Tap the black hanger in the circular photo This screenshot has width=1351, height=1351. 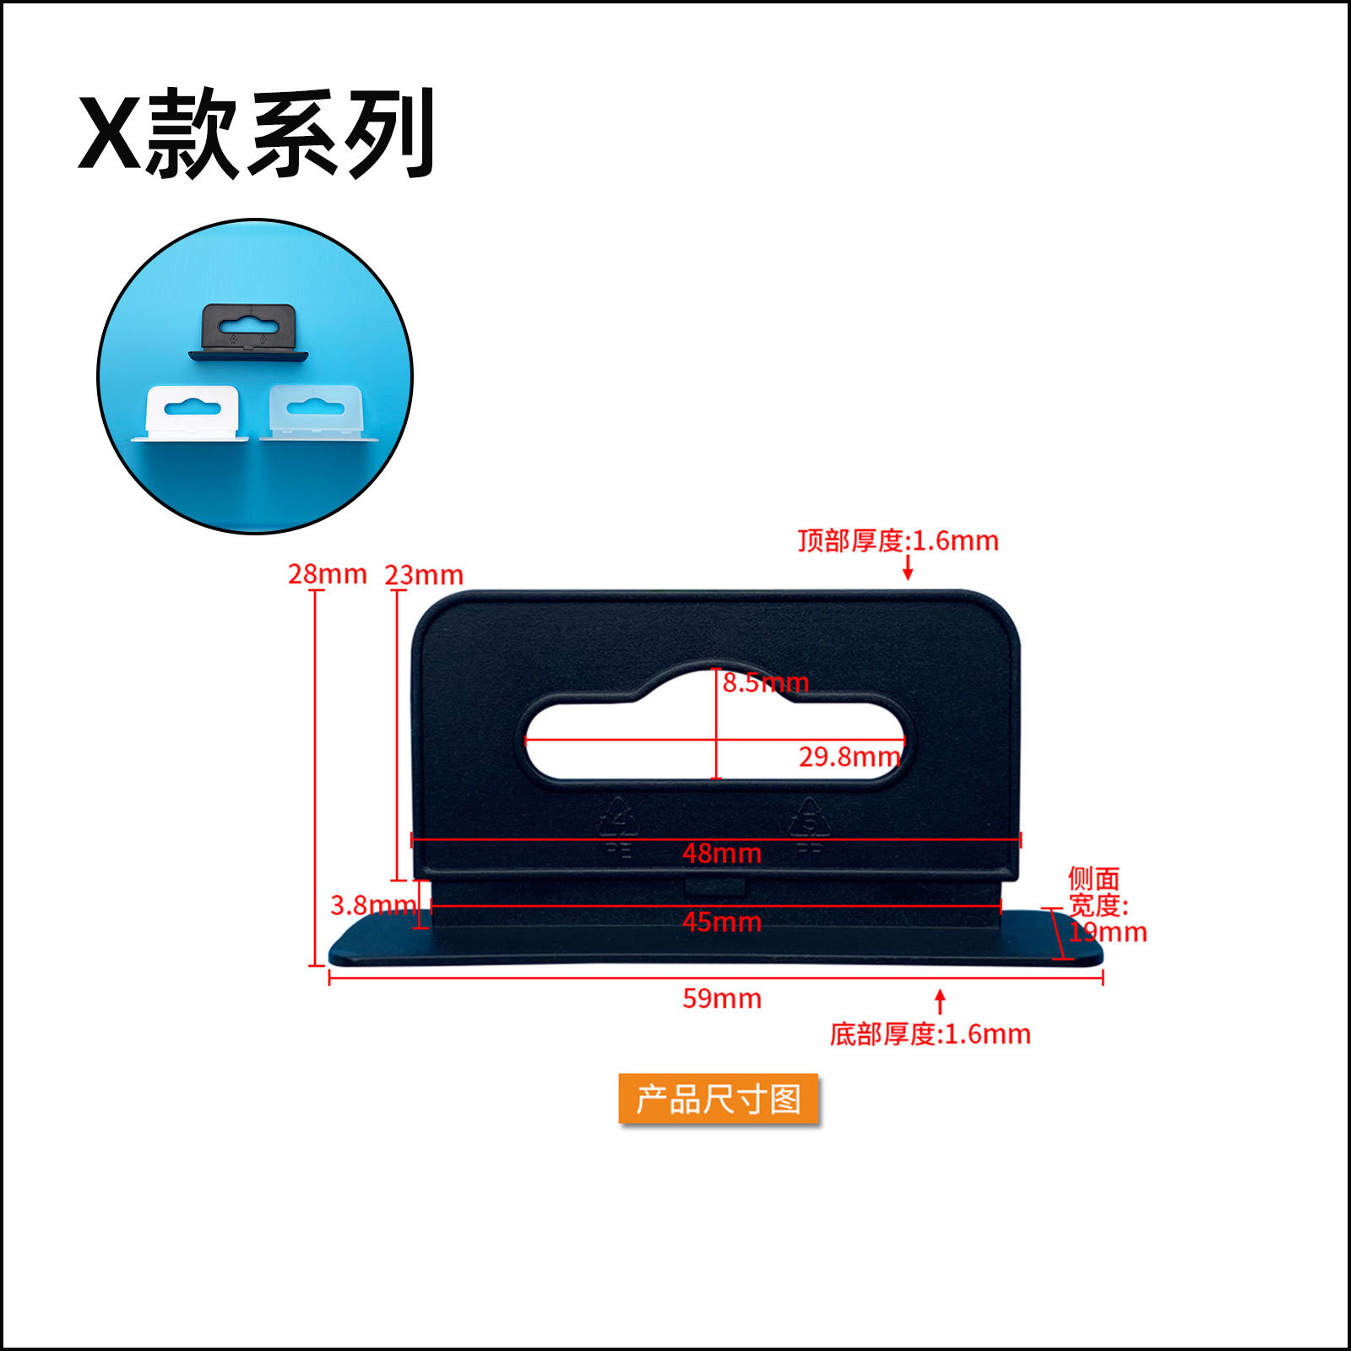click(249, 332)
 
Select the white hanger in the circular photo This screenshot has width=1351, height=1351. click(193, 413)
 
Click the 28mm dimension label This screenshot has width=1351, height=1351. click(327, 574)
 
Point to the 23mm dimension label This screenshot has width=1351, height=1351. click(424, 576)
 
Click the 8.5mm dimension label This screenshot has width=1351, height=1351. click(765, 682)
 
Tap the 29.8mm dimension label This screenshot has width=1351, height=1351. click(849, 757)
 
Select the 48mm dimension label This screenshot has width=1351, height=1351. click(722, 854)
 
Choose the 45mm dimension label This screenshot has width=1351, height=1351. click(722, 922)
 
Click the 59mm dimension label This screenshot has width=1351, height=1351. click(722, 999)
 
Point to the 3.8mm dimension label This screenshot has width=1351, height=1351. click(372, 906)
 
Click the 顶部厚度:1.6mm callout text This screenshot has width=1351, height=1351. click(898, 541)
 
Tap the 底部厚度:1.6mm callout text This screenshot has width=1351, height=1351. click(930, 1034)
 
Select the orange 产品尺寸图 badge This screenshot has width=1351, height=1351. click(719, 1099)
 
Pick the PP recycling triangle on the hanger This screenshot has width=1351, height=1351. click(809, 818)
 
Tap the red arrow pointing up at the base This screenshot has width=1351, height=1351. click(940, 1001)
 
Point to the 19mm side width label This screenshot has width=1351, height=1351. click(1107, 933)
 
